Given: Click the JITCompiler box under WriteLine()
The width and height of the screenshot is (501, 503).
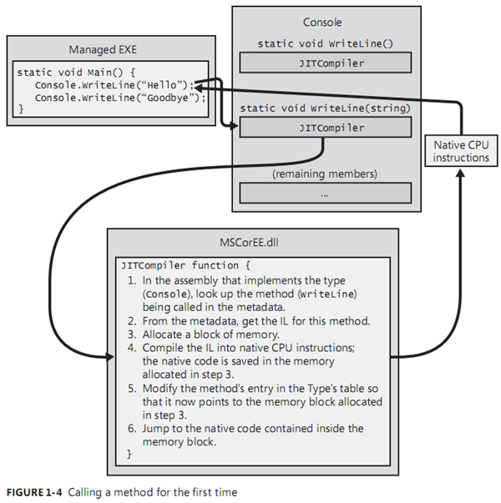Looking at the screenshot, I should coord(325,63).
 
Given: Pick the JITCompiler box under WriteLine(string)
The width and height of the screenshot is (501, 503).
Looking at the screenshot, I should coord(325,128).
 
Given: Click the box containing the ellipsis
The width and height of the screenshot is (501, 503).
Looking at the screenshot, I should coord(325,193).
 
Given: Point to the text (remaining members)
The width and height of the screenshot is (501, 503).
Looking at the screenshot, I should coord(325,174).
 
